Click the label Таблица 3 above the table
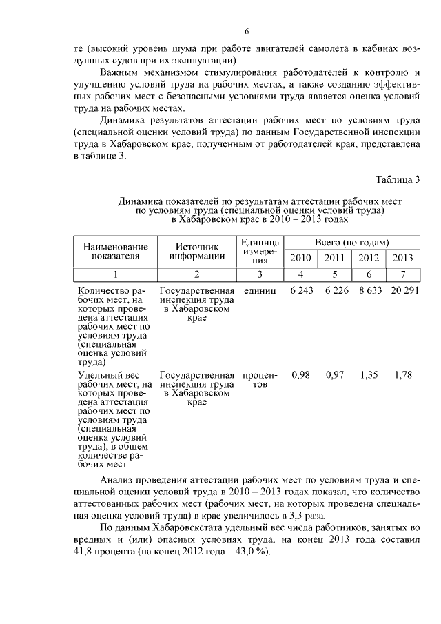tap(398, 181)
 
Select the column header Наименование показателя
tap(115, 252)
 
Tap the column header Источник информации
tap(197, 252)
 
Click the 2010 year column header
tap(301, 259)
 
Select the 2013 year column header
tap(402, 259)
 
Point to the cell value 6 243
tap(301, 291)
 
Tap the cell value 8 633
tap(370, 291)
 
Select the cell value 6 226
tap(335, 291)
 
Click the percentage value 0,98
tap(300, 375)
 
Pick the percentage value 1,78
tap(403, 375)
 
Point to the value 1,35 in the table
tap(370, 375)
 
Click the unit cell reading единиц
tap(259, 292)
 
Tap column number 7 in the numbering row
tap(402, 274)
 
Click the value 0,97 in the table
tap(335, 375)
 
